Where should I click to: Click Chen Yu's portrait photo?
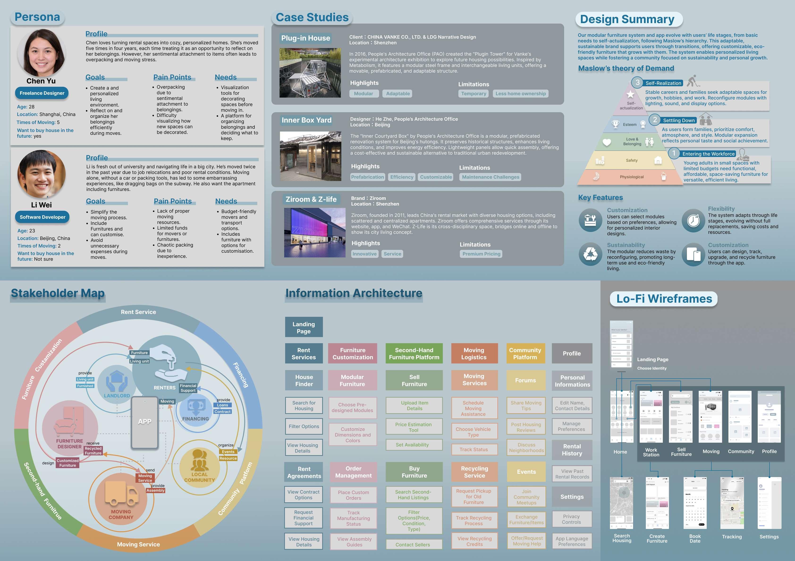[41, 53]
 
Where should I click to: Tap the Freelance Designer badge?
[42, 93]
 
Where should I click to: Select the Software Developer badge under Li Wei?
[42, 217]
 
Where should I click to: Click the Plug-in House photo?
[310, 73]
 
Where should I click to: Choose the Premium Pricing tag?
[481, 254]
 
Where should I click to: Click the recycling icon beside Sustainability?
[590, 254]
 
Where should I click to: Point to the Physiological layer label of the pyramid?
[632, 177]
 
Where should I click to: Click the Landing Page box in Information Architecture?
[304, 327]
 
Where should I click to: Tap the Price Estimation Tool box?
[414, 427]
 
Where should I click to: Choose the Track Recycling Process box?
[474, 520]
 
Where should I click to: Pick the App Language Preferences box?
[572, 541]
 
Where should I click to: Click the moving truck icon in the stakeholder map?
[121, 493]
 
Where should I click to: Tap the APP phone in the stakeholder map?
[144, 422]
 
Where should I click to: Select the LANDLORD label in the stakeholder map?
[117, 396]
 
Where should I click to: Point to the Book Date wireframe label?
[695, 539]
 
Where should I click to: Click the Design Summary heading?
[627, 19]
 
